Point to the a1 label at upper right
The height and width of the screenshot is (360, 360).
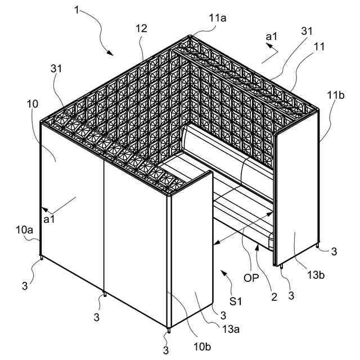point(272,37)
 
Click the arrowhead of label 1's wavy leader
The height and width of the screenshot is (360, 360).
point(112,53)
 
